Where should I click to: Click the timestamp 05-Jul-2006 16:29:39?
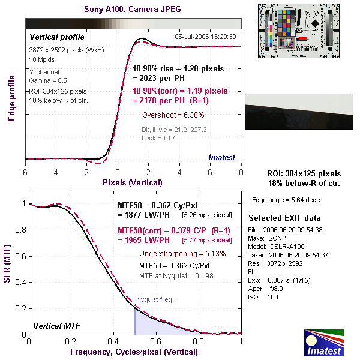click(205, 37)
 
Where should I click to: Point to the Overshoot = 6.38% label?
click(173, 115)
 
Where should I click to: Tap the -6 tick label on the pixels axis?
click(25, 172)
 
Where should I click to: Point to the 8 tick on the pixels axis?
click(241, 172)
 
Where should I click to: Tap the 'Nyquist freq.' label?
click(155, 299)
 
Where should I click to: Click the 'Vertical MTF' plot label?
click(56, 326)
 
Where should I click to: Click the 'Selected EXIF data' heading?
click(285, 218)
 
